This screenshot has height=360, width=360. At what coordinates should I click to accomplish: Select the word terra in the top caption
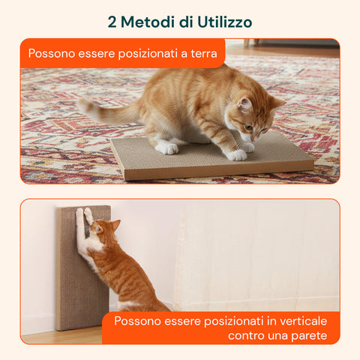[x=201, y=54]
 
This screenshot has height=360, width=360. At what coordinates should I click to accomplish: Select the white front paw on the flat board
[x=238, y=154]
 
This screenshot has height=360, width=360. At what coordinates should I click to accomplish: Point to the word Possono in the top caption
[x=50, y=54]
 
